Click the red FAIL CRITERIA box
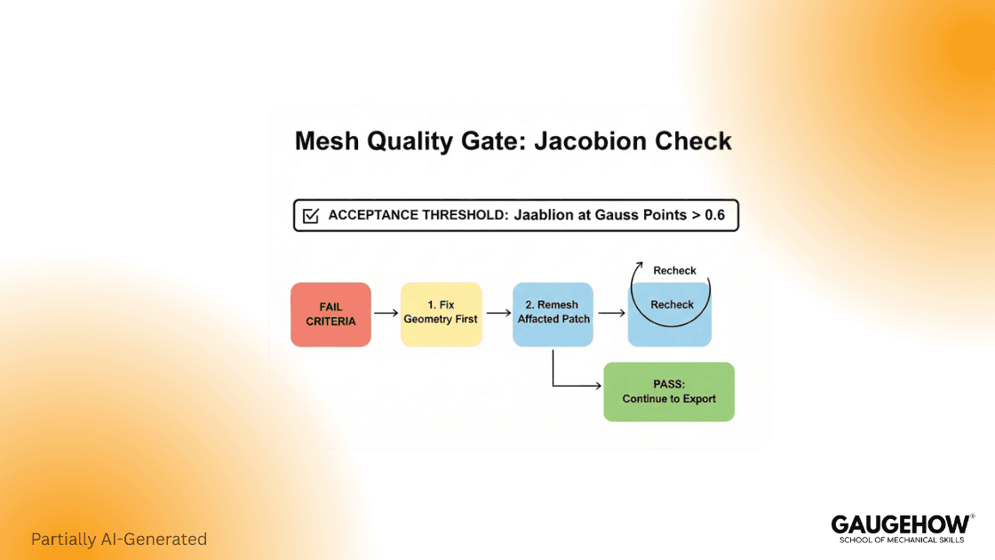pyautogui.click(x=330, y=314)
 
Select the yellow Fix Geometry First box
pyautogui.click(x=441, y=314)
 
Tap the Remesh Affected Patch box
pyautogui.click(x=553, y=314)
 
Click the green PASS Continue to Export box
pyautogui.click(x=669, y=392)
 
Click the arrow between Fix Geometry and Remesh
pyautogui.click(x=497, y=313)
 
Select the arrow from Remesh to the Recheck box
pyautogui.click(x=609, y=313)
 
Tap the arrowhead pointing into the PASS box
pyautogui.click(x=598, y=386)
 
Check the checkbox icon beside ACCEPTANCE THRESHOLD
pyautogui.click(x=311, y=216)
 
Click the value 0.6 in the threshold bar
pyautogui.click(x=714, y=215)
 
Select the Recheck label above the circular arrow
pyautogui.click(x=674, y=270)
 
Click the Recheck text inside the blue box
pyautogui.click(x=672, y=305)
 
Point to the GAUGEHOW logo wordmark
pyautogui.click(x=900, y=524)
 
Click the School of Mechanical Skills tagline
pyautogui.click(x=901, y=540)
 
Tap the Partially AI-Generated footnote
pyautogui.click(x=119, y=539)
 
